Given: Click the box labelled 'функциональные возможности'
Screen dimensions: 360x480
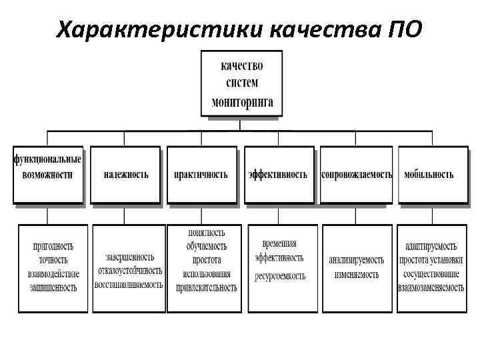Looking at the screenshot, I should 47,175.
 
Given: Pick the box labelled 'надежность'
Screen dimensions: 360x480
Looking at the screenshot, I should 125,175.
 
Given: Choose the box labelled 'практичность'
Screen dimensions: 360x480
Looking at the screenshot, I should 201,175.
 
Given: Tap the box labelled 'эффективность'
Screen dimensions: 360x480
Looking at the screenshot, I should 278,175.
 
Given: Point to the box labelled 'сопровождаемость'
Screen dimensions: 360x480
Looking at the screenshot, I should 356,175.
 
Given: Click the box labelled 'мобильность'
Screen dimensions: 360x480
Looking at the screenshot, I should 432,175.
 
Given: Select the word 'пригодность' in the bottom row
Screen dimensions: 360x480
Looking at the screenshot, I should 53,247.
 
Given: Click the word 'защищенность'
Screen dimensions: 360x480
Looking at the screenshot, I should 53,287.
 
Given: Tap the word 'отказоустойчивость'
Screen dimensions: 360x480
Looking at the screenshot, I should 129,271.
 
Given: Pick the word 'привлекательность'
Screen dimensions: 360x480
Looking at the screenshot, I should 206,287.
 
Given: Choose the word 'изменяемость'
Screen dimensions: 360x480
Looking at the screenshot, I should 357,274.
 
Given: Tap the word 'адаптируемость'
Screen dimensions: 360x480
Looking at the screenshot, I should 431,247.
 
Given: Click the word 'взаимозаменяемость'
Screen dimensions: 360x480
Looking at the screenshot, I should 431,287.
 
